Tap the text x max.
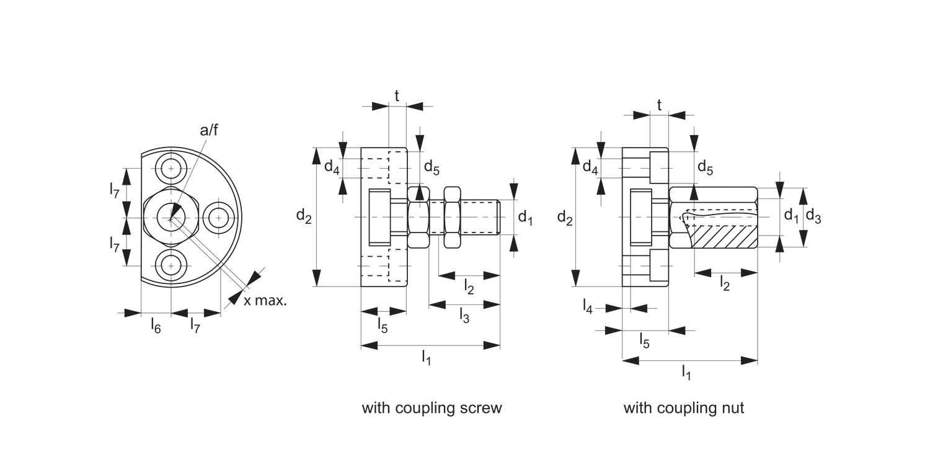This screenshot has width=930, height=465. (x=265, y=301)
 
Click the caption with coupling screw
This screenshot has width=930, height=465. (x=432, y=408)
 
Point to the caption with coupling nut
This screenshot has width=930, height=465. (x=683, y=408)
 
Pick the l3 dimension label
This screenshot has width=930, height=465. (x=464, y=316)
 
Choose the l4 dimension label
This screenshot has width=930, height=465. (x=588, y=306)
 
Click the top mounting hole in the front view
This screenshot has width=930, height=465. (x=170, y=168)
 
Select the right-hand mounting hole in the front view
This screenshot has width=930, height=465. (x=218, y=217)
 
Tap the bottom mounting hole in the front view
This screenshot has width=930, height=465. (x=170, y=266)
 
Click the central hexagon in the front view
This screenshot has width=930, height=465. (x=170, y=217)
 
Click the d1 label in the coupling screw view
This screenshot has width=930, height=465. (x=525, y=217)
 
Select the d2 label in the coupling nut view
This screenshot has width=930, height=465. (x=564, y=217)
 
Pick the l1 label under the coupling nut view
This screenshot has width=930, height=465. (x=686, y=372)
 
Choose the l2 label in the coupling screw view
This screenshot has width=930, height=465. (x=469, y=286)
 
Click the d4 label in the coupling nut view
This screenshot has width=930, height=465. (x=590, y=166)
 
